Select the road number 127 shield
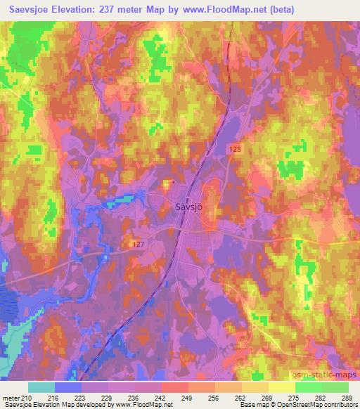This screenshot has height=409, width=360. (138, 243)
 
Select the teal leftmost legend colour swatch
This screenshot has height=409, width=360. (41, 388)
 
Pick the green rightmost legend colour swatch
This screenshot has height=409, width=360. (335, 388)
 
